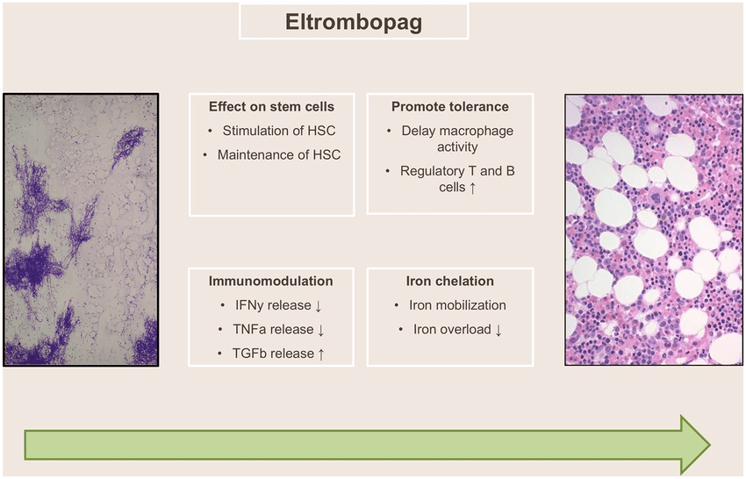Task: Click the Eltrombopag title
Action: pos(354,22)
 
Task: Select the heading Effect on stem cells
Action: pos(272,106)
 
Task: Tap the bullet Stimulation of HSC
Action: pos(279,131)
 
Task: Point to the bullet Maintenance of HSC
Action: pos(279,155)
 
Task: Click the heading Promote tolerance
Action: pos(450,106)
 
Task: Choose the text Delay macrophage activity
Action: pos(457,139)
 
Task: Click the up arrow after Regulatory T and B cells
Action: pos(472,188)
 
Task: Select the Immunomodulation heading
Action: pos(270,281)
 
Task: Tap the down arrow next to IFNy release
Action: pos(319,306)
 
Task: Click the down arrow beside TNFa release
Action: pos(320,330)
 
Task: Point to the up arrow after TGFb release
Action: pos(321,354)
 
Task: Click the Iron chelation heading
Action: pos(450,281)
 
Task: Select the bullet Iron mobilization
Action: pos(457,305)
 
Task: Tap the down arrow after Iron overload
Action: pos(499,330)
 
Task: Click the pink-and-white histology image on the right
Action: pos(654,230)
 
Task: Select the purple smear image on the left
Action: pos(81,230)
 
